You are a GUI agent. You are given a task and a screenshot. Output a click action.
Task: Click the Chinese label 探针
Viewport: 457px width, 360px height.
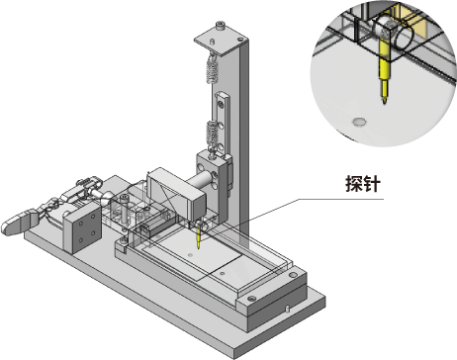point(363,183)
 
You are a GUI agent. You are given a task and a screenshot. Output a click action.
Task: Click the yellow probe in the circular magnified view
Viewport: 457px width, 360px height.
point(384,71)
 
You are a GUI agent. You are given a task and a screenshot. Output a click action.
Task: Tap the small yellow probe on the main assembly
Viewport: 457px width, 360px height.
point(198,238)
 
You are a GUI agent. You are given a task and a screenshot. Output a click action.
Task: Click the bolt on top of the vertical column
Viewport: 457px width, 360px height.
point(221,25)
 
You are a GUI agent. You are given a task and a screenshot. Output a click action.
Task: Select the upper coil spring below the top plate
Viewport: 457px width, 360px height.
point(213,69)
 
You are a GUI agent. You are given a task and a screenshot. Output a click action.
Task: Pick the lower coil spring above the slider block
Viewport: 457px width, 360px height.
point(213,135)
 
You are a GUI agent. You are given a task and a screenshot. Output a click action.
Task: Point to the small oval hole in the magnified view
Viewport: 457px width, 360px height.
point(359,122)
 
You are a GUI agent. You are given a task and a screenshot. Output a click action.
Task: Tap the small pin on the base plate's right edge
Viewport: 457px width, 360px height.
point(287,309)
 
